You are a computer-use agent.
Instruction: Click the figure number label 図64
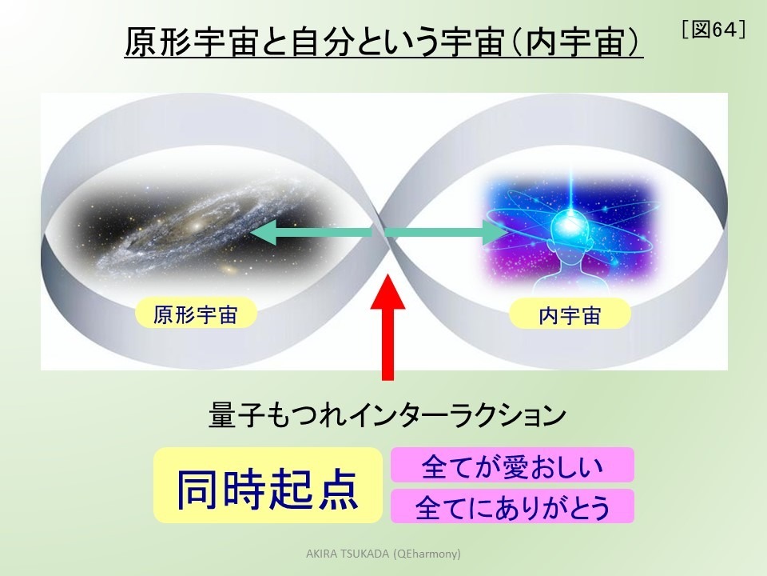coord(714,30)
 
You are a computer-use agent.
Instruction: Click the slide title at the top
coord(384,42)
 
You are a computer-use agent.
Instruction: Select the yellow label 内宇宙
coord(570,315)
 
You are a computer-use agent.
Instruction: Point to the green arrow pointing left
coord(312,233)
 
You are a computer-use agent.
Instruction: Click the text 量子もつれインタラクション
coord(387,416)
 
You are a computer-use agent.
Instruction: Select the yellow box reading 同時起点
coord(267,485)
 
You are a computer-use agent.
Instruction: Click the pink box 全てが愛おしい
coord(512,465)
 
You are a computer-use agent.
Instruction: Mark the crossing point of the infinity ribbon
coord(384,232)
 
